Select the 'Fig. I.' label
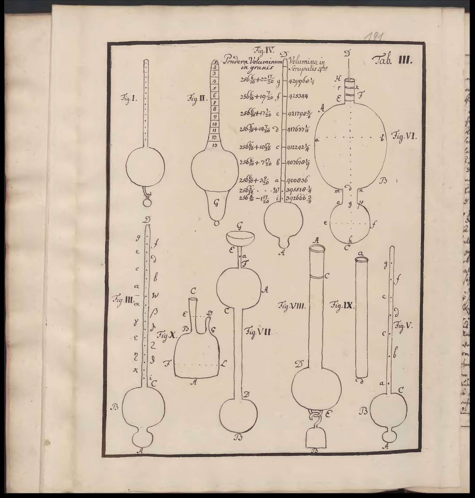129,98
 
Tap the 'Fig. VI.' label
404,137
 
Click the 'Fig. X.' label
166,336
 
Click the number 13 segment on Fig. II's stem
215,145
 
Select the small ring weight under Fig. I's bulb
147,203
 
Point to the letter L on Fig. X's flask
224,364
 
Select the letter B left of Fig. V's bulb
364,412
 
